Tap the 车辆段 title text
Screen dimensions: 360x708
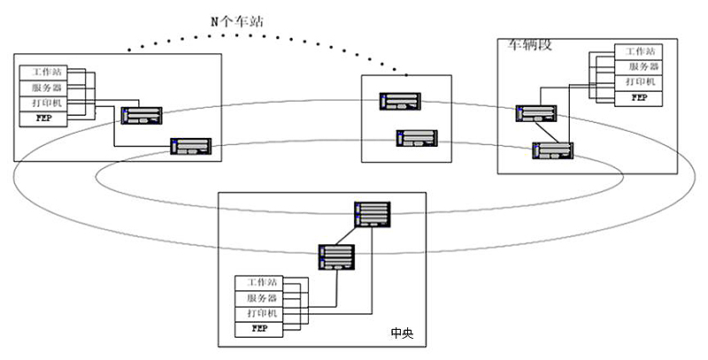click(528, 44)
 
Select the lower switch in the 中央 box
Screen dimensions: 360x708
click(336, 257)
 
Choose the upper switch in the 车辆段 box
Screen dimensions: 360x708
click(538, 114)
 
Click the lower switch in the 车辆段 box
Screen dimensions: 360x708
click(551, 149)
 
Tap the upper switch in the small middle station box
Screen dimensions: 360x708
click(398, 102)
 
